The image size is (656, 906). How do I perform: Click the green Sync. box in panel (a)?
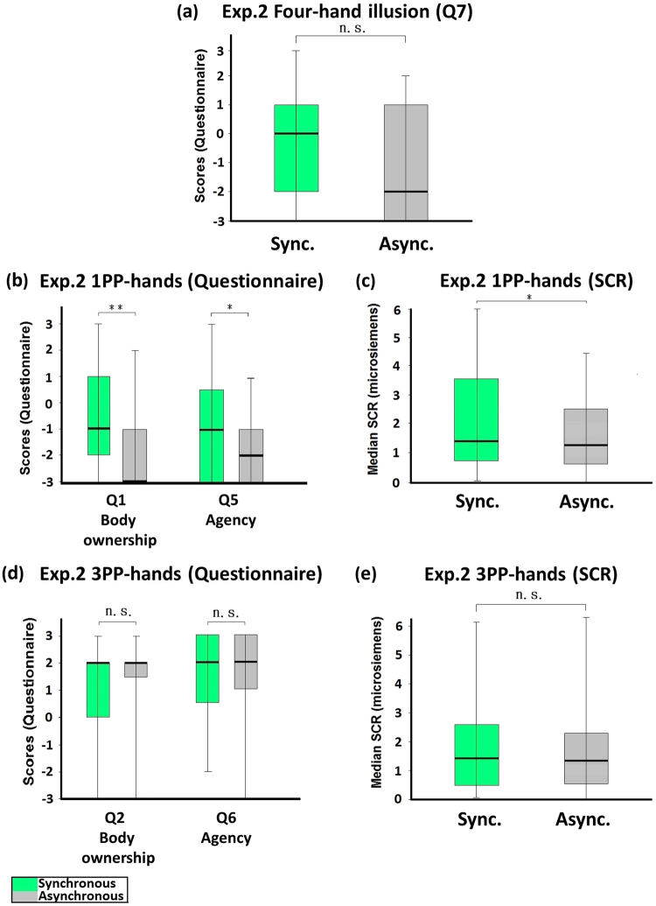(296, 148)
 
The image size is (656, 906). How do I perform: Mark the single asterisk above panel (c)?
(531, 293)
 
